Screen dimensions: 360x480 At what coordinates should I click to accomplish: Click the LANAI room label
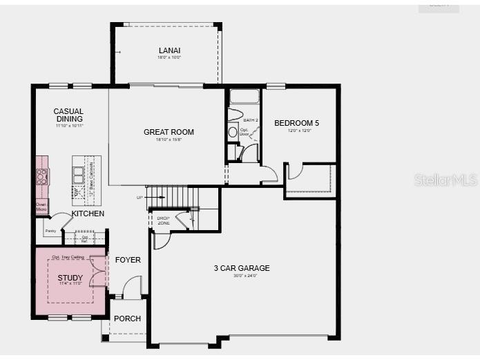[x=169, y=50]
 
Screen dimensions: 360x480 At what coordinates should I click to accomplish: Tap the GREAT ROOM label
[x=169, y=132]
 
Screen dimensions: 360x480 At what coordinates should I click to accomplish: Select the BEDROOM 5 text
[x=296, y=124]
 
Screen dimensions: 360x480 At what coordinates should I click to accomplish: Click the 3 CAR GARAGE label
[x=242, y=268]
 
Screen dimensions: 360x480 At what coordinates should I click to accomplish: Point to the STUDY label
[x=70, y=278]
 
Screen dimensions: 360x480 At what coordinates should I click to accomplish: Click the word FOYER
[x=128, y=260]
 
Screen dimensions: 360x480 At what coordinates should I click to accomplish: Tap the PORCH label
[x=127, y=319]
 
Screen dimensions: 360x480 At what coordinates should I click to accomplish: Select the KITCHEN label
[x=88, y=214]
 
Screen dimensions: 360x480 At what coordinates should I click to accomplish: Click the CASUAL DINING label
[x=68, y=115]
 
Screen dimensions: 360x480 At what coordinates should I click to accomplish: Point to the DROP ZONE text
[x=162, y=220]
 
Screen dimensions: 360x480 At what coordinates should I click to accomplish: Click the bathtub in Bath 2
[x=244, y=96]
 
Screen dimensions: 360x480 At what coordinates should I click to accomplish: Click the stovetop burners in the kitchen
[x=42, y=176]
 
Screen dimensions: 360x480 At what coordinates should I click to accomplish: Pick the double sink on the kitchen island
[x=79, y=174]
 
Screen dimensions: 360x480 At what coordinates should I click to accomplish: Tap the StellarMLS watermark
[x=445, y=180]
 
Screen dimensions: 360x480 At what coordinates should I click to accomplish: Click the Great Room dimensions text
[x=169, y=140]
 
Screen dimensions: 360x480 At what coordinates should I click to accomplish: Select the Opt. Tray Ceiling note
[x=70, y=257]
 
